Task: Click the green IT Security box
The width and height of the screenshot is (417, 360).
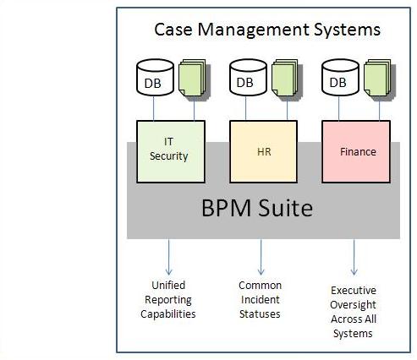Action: coord(171,152)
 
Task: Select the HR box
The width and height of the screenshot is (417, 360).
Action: coord(263,152)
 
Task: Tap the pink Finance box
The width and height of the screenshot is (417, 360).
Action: coord(356,152)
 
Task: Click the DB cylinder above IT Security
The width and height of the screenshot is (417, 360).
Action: coord(155,78)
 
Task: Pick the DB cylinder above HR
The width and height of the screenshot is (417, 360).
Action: coord(248,78)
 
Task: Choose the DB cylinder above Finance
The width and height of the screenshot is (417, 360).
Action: coord(340,78)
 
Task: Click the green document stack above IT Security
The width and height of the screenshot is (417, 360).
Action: coord(195,79)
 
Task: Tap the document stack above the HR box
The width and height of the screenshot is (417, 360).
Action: coord(287,79)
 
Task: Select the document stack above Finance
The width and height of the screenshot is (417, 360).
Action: coord(380,79)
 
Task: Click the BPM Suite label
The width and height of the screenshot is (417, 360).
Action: coord(257,208)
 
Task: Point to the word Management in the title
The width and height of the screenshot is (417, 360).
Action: coord(253,30)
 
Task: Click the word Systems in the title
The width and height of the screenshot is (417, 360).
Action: coord(348,30)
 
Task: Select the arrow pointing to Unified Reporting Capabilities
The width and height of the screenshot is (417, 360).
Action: coord(168,257)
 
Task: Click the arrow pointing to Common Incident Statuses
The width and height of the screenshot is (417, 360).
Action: coord(261,257)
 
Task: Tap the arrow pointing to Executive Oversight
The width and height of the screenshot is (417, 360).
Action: coord(354,257)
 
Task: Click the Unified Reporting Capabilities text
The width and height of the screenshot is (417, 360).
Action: coord(168,300)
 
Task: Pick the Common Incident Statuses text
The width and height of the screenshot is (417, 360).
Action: coord(260,300)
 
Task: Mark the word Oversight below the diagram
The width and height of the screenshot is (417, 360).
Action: coord(353,305)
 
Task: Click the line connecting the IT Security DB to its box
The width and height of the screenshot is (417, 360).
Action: coord(154,108)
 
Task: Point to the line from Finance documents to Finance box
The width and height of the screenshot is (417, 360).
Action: coord(380,110)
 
